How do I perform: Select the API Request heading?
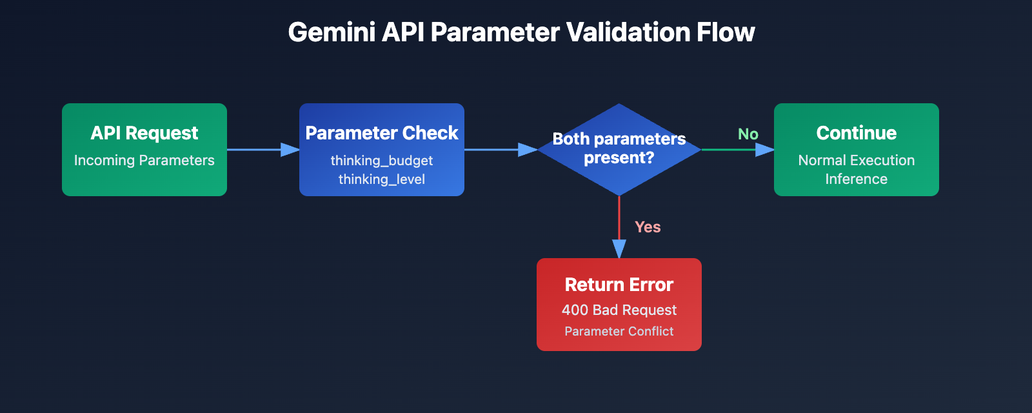(x=144, y=133)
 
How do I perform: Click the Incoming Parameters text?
(x=144, y=161)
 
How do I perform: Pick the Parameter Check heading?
(x=382, y=133)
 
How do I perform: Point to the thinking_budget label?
(x=382, y=161)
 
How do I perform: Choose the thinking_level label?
(x=382, y=179)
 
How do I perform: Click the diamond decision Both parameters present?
(x=619, y=149)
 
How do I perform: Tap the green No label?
(x=748, y=134)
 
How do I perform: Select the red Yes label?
(x=648, y=227)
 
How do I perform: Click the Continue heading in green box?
(x=857, y=133)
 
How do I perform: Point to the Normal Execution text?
(x=857, y=161)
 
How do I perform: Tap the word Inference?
(x=857, y=179)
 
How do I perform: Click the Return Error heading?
(x=619, y=285)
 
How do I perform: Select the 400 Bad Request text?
(x=619, y=310)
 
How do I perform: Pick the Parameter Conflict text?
(x=619, y=332)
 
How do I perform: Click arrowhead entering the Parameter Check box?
(x=291, y=150)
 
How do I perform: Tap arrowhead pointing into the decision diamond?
(x=528, y=150)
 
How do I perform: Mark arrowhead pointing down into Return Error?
(x=619, y=249)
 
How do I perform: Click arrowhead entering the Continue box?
(x=765, y=150)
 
